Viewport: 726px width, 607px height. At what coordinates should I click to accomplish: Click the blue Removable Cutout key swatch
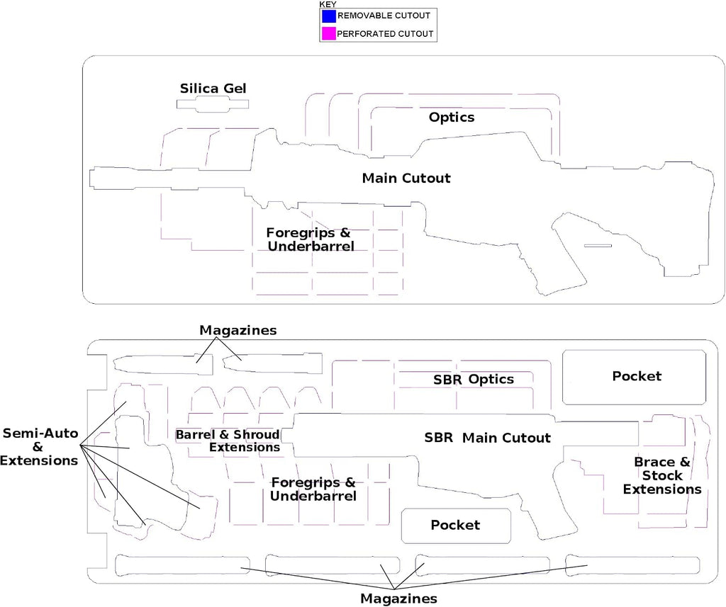[x=329, y=16]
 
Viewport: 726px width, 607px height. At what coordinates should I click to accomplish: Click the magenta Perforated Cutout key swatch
[x=329, y=34]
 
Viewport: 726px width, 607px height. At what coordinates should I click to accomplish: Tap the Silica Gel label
[x=213, y=89]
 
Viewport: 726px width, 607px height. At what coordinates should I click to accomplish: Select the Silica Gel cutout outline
[x=213, y=104]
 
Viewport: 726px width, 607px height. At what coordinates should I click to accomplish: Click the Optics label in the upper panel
[x=452, y=117]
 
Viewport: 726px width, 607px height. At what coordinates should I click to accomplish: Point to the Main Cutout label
[x=406, y=178]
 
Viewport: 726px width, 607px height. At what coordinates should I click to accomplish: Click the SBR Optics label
[x=473, y=380]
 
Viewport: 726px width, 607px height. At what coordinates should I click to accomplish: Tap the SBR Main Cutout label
[x=488, y=438]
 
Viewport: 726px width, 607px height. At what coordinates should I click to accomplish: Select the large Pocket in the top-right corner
[x=635, y=377]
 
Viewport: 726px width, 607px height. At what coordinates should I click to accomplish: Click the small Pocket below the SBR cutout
[x=456, y=526]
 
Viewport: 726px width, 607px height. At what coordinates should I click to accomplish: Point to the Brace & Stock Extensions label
[x=662, y=475]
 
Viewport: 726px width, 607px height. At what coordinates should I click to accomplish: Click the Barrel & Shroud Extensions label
[x=228, y=441]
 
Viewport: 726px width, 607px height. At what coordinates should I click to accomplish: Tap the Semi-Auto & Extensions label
[x=40, y=447]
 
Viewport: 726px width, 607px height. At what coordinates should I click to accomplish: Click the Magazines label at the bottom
[x=398, y=599]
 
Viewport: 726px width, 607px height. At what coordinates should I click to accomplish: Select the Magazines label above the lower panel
[x=238, y=330]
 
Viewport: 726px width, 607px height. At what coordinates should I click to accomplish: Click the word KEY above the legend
[x=328, y=4]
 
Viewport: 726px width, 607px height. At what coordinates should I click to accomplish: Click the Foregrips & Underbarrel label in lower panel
[x=313, y=489]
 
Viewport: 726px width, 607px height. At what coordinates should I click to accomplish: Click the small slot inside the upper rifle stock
[x=598, y=246]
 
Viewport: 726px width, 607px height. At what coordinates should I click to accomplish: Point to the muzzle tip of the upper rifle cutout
[x=90, y=178]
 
